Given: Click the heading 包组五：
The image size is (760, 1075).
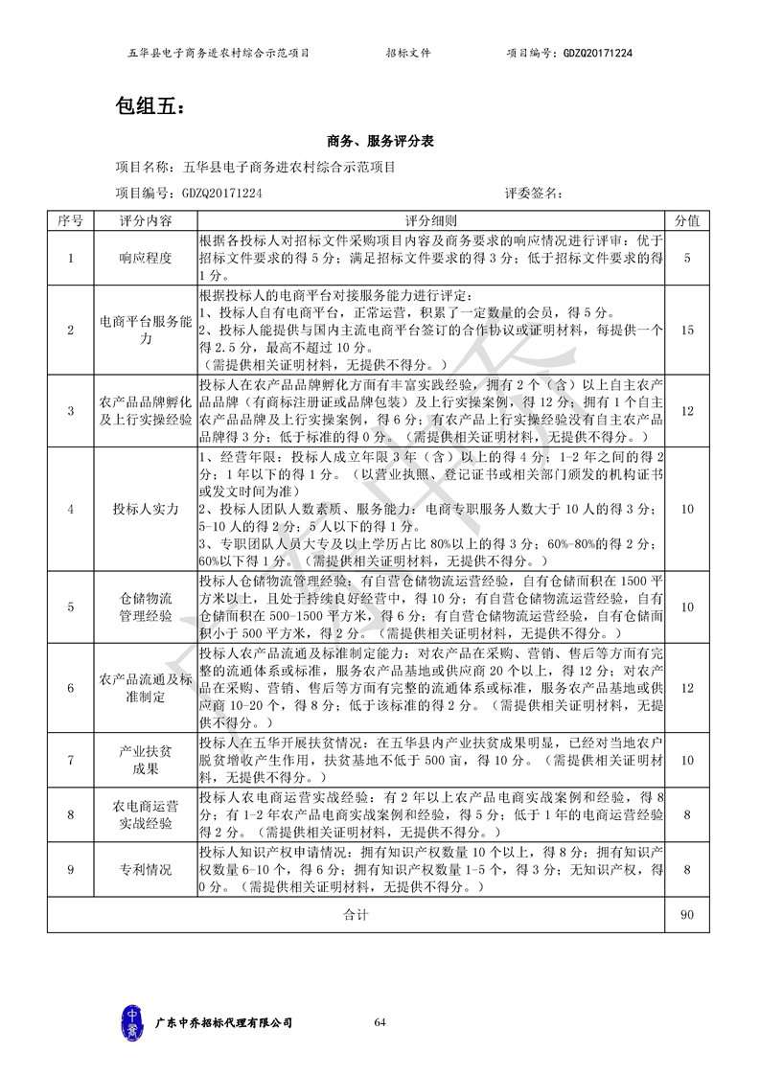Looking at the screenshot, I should (x=147, y=106).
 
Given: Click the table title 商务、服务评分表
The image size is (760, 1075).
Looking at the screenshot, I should (x=380, y=141).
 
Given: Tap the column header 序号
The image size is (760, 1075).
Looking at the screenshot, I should (x=70, y=220).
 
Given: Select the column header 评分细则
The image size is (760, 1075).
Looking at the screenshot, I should (x=430, y=220).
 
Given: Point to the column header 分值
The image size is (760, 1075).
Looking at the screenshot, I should (x=686, y=220).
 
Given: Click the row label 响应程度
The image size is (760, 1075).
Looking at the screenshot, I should (x=146, y=258).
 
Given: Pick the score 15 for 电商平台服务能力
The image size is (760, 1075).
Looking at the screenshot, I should (x=686, y=330).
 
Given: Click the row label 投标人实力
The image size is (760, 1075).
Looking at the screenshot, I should (x=146, y=510).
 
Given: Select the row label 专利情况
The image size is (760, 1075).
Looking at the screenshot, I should (x=146, y=870).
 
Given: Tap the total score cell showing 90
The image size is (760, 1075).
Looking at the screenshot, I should (x=686, y=915).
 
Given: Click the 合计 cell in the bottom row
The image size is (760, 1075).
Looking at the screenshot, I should (x=356, y=915).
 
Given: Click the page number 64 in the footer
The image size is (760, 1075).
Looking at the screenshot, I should (x=380, y=1023).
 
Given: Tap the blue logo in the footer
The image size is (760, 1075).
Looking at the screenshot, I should (x=133, y=1022).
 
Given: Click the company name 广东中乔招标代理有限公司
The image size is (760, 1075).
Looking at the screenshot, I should (x=223, y=1023).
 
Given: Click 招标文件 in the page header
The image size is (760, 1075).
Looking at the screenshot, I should (x=408, y=54).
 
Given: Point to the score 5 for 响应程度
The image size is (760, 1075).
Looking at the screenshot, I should (x=686, y=258).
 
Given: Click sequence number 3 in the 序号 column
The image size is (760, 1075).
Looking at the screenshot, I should (x=70, y=410).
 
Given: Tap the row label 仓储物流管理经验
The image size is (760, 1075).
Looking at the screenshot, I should (x=146, y=606).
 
